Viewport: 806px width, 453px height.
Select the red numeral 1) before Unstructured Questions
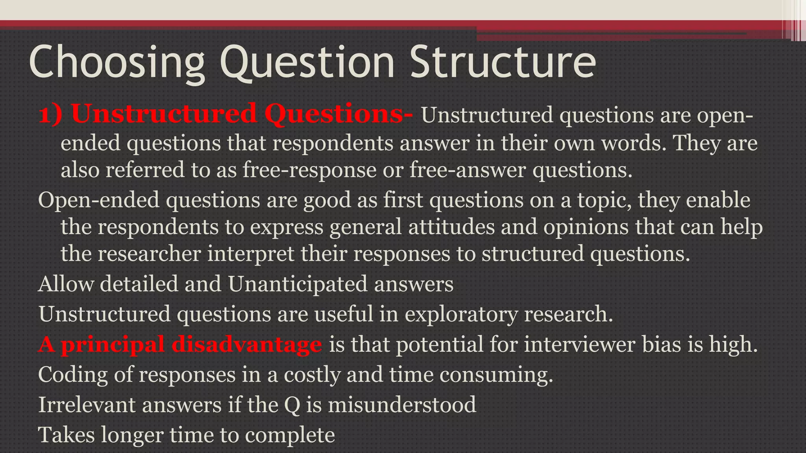point(50,114)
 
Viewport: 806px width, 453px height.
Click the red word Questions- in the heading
point(338,114)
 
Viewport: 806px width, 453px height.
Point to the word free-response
point(309,170)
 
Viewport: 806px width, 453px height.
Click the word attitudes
point(451,227)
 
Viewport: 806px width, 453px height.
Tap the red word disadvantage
point(246,344)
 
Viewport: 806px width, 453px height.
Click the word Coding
point(73,375)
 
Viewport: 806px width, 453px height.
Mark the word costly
point(312,375)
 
